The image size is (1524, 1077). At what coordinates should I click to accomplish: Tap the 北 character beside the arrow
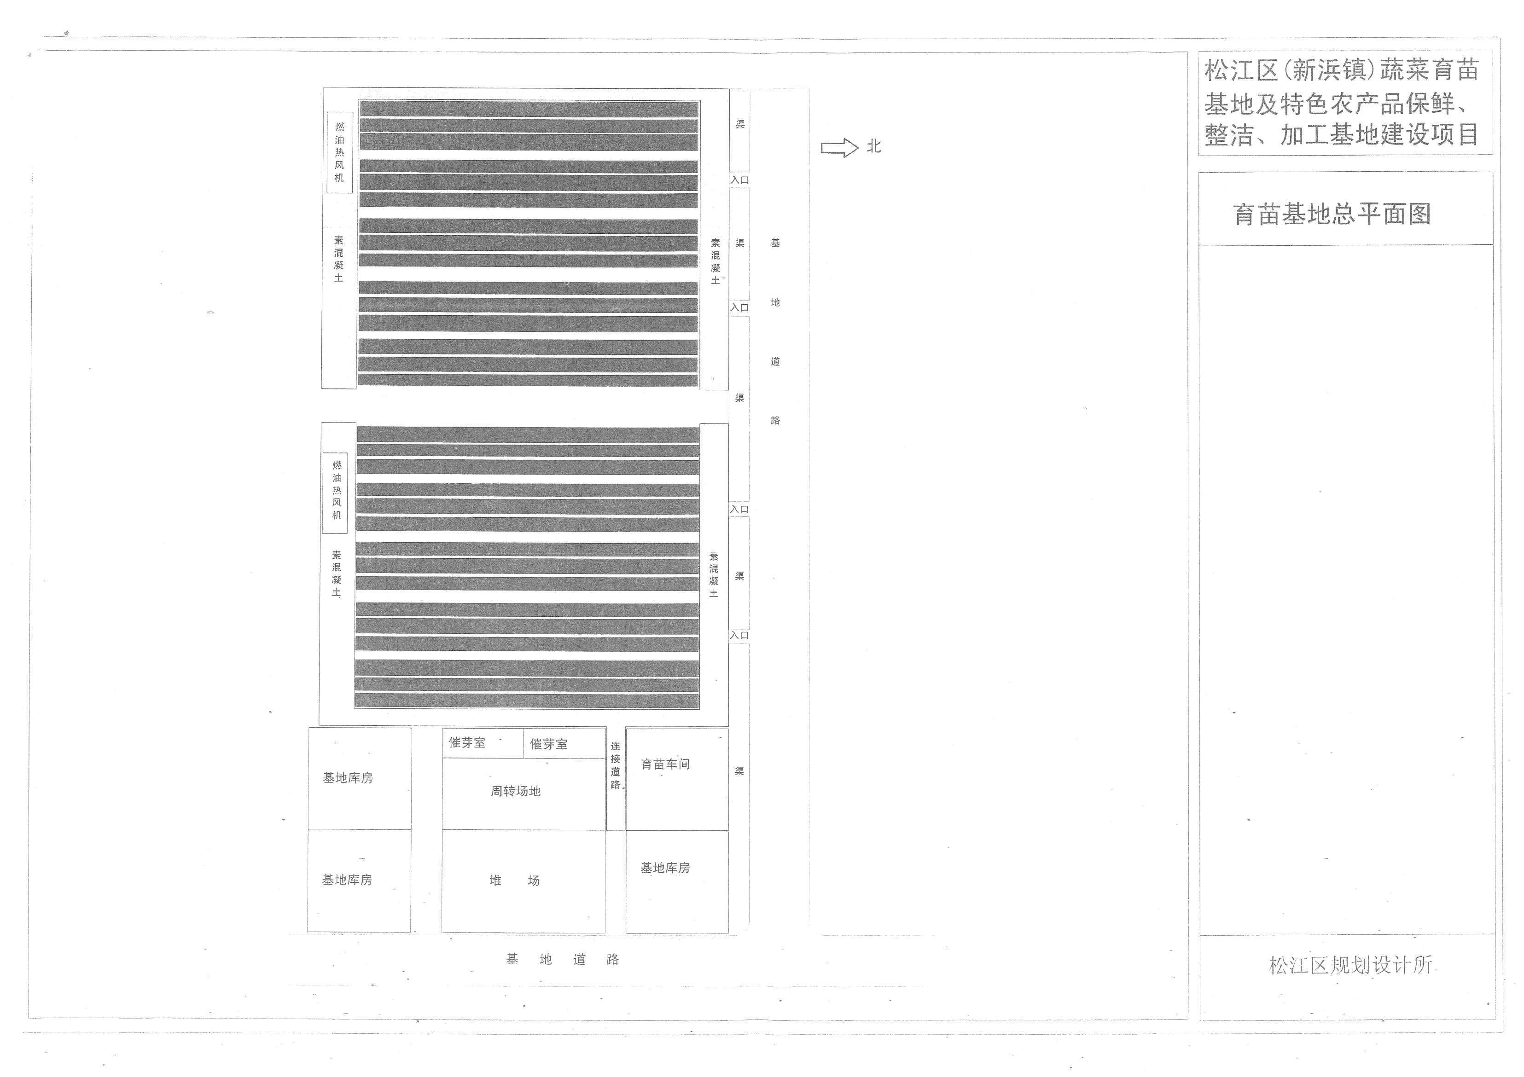873,147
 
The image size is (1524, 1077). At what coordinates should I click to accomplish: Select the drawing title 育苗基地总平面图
1332,214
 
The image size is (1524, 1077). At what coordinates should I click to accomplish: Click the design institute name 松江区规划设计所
1350,964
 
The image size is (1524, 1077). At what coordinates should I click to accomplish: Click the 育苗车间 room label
665,764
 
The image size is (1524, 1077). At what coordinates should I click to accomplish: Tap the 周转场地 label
516,791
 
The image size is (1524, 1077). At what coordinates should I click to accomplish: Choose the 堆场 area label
514,880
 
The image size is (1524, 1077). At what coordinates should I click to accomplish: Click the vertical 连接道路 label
615,765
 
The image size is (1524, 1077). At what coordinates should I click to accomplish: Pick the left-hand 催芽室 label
466,742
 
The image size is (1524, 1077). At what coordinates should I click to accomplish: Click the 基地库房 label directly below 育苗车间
664,868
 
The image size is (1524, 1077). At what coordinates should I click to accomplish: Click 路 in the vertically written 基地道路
775,420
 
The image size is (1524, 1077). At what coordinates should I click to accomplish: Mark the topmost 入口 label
739,180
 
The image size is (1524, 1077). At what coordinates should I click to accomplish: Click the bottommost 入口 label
739,635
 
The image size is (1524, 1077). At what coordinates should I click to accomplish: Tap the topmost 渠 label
740,124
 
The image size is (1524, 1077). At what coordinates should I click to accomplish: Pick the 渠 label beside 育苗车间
739,771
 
